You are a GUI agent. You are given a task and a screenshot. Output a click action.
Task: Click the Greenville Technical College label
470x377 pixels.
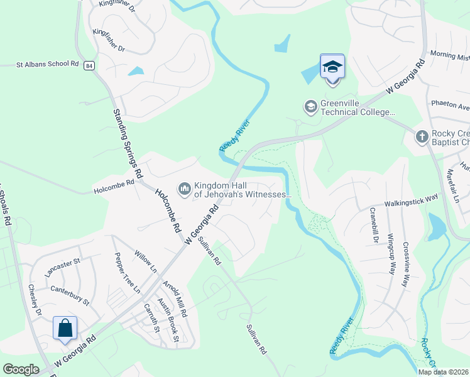tap(358, 107)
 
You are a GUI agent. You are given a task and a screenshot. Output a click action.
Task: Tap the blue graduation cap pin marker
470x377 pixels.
tap(332, 67)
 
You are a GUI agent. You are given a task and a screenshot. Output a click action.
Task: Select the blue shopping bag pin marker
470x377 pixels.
tap(65, 328)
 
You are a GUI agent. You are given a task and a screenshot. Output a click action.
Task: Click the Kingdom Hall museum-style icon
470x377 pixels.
tap(185, 188)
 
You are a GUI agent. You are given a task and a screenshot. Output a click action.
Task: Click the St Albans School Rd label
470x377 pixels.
tap(47, 64)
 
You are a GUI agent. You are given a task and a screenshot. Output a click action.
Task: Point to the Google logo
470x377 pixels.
tap(21, 369)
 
